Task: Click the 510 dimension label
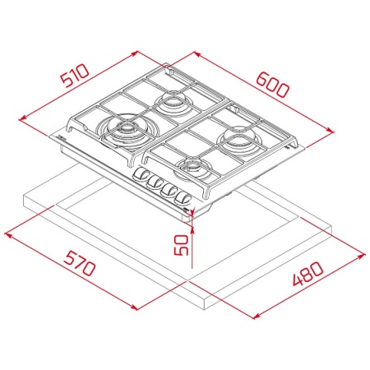(75, 76)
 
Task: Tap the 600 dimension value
(272, 85)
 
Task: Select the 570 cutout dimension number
(80, 262)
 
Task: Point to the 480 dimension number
(308, 273)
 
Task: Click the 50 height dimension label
(182, 245)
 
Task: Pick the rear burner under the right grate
(238, 139)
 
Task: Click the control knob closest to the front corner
(183, 199)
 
